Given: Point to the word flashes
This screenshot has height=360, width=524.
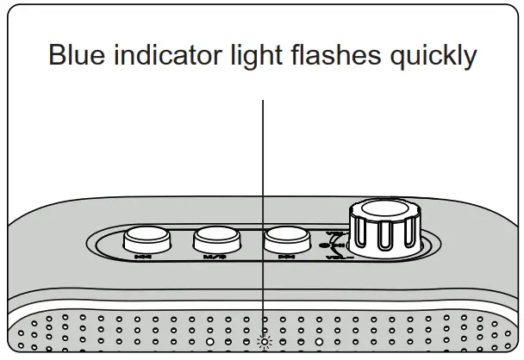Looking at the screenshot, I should pos(344,56).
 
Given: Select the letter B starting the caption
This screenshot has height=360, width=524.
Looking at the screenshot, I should pos(58,56).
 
